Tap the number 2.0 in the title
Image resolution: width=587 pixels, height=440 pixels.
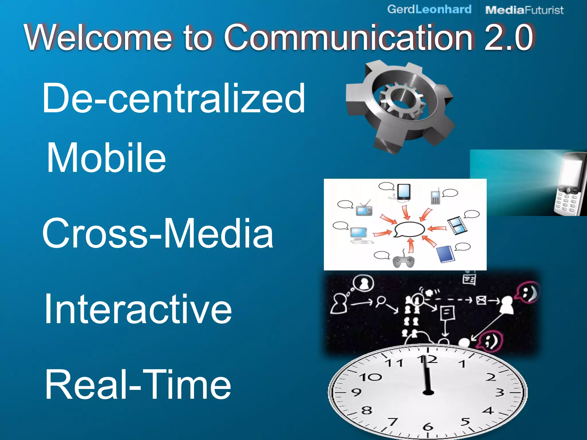[x=509, y=37]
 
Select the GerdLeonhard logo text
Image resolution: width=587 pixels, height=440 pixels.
[x=429, y=9]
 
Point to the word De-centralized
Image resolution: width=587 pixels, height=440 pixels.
[x=174, y=98]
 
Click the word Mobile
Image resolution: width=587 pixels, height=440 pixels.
[x=106, y=158]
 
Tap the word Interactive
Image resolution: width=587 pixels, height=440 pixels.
[x=138, y=309]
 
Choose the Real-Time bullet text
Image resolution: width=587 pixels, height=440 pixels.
[x=138, y=384]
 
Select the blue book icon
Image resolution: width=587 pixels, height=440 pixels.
[x=446, y=254]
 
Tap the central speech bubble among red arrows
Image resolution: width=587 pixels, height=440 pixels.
[x=410, y=229]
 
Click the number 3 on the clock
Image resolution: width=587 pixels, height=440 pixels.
[x=500, y=392]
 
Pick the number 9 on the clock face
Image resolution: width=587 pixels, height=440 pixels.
[x=356, y=392]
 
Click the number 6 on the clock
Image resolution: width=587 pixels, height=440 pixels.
[x=428, y=427]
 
